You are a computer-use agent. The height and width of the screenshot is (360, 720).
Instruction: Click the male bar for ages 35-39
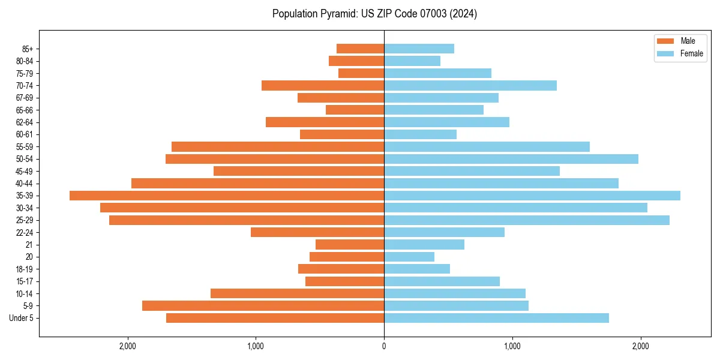coord(227,196)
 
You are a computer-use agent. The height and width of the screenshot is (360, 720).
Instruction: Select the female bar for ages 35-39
coord(532,196)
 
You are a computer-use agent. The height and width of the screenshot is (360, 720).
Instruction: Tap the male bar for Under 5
coord(275,318)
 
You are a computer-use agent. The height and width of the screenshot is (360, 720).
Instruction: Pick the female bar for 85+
coord(419,49)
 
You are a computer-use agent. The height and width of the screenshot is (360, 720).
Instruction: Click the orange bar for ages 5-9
coord(263,306)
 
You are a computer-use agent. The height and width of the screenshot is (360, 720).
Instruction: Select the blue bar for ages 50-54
coord(511,159)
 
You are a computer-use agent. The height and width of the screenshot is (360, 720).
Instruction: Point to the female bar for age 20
coord(409,257)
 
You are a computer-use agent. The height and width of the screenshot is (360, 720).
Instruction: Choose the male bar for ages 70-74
coord(323,86)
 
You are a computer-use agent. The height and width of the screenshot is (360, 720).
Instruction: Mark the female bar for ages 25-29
coord(526,220)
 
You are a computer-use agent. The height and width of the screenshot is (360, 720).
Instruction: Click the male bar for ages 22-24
coord(317,232)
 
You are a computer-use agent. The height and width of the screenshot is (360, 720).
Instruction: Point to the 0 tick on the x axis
coord(384,346)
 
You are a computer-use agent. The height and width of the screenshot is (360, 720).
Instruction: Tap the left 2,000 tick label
coord(127,346)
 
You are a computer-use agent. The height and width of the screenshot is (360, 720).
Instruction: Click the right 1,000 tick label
coord(512,346)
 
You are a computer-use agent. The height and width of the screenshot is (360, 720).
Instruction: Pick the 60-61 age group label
coord(25,134)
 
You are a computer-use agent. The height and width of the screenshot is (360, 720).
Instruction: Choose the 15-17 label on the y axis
coord(25,281)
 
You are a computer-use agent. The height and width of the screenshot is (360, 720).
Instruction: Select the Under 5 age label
coord(22,318)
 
